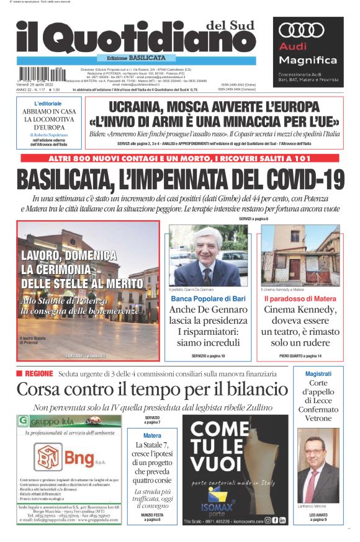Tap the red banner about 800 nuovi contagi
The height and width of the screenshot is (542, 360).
tap(180, 158)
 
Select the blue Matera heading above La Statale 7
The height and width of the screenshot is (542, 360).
tap(152, 435)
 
